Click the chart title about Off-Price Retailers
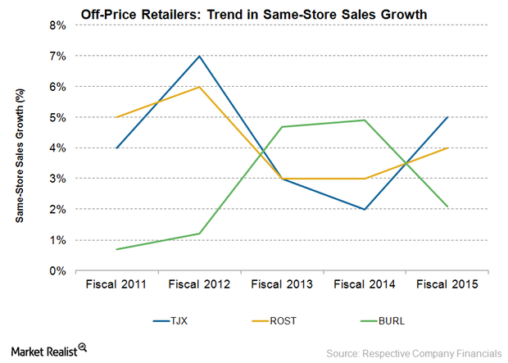click(253, 14)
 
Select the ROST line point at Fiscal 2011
click(116, 117)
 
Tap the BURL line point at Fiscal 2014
click(364, 120)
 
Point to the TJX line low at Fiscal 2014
click(364, 209)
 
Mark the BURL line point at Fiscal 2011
click(116, 249)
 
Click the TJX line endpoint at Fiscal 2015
click(447, 117)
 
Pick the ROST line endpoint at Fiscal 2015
click(447, 147)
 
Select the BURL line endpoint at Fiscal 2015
click(447, 206)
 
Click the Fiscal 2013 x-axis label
click(282, 284)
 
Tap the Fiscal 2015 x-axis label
click(447, 284)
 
